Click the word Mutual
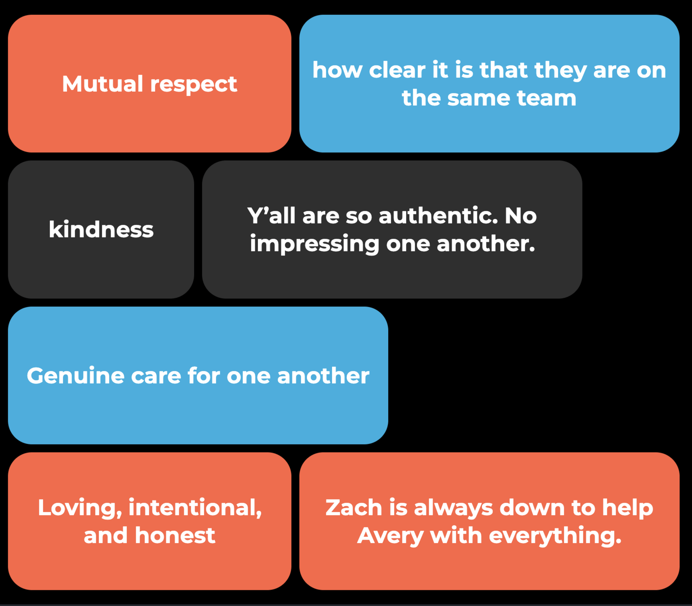pos(102,84)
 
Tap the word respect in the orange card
pos(193,85)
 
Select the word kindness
pos(101,229)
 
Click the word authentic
pos(438,216)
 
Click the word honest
pos(175,536)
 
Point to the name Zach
pos(353,508)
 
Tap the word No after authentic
pos(520,216)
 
